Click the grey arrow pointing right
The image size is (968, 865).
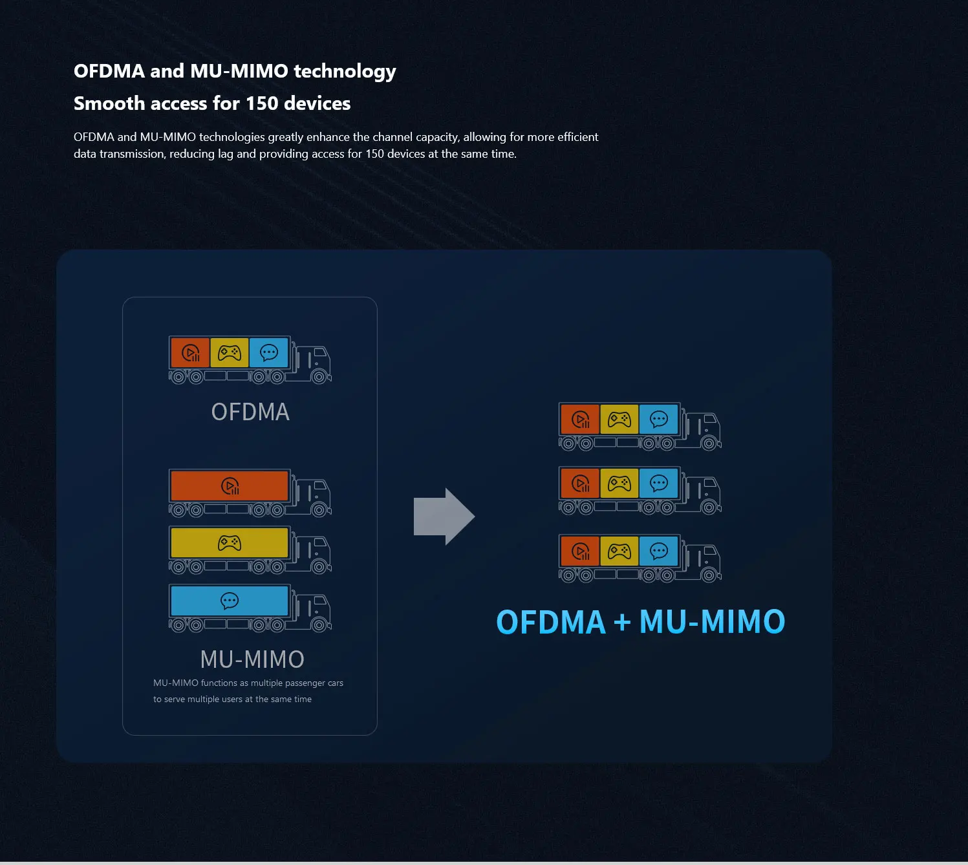pyautogui.click(x=444, y=517)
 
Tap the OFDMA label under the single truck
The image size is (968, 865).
pyautogui.click(x=250, y=412)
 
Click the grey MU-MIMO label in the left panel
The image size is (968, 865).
pyautogui.click(x=252, y=659)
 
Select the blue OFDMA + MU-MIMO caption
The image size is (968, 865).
pyautogui.click(x=640, y=622)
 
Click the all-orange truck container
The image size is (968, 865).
pyautogui.click(x=230, y=486)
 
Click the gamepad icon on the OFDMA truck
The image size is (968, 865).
pyautogui.click(x=230, y=353)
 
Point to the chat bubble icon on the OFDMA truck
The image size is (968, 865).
pyautogui.click(x=269, y=353)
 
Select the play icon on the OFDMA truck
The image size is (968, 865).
pyautogui.click(x=191, y=353)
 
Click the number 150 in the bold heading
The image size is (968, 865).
pyautogui.click(x=262, y=103)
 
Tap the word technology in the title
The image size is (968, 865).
pyautogui.click(x=345, y=71)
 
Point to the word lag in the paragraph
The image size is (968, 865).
pyautogui.click(x=225, y=154)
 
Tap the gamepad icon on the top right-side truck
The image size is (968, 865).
pyautogui.click(x=619, y=420)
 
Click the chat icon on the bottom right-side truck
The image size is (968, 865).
pyautogui.click(x=659, y=551)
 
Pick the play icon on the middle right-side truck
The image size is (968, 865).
pyautogui.click(x=581, y=484)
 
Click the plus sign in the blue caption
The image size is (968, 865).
pyautogui.click(x=622, y=623)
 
